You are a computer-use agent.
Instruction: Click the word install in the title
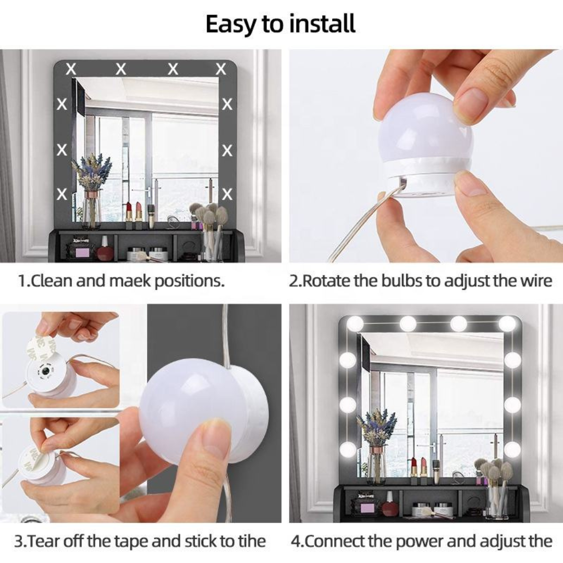pos(324,24)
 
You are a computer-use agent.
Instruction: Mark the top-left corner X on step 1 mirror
pos(71,69)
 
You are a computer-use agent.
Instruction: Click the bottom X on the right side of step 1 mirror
pos(227,194)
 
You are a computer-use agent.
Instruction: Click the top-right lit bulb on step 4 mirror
pos(507,324)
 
